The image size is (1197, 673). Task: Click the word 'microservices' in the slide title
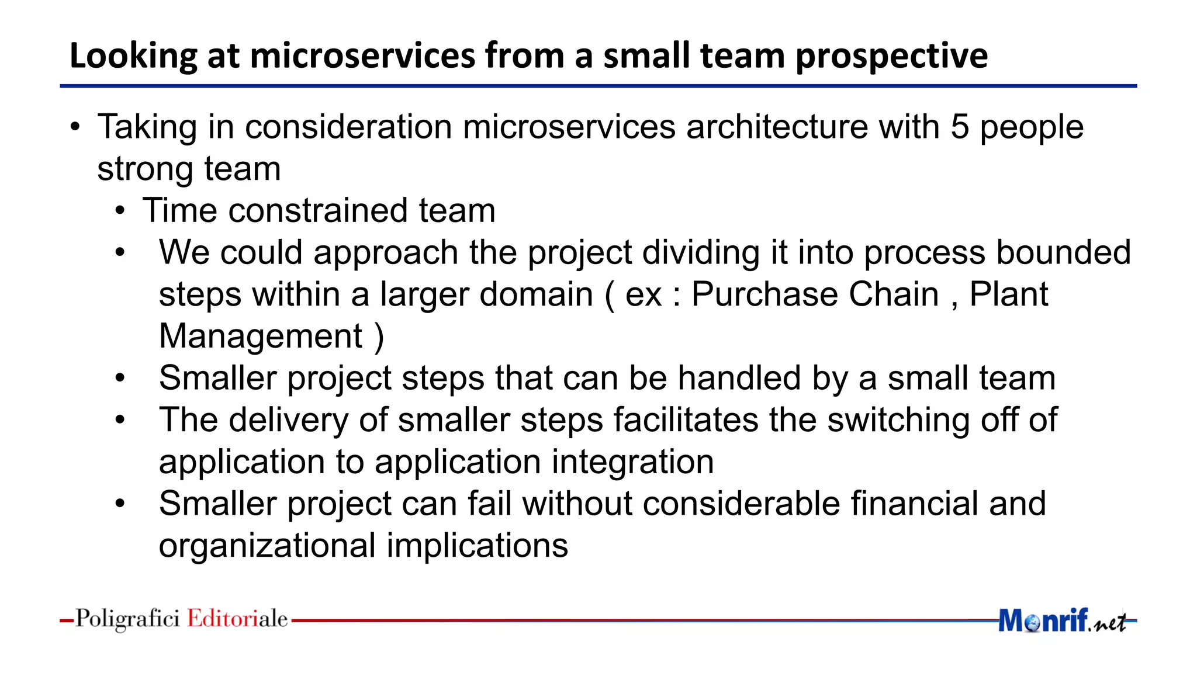tap(362, 56)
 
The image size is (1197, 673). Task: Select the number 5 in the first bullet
tap(960, 127)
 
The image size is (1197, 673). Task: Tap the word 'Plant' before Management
tap(1009, 294)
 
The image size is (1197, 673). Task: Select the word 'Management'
tap(261, 336)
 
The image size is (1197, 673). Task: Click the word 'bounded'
tap(1063, 252)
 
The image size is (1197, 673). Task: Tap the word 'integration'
tap(632, 462)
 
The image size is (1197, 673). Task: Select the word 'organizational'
tap(267, 546)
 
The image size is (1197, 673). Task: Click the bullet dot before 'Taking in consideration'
tap(75, 127)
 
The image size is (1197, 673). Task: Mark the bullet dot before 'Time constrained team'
tap(120, 211)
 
